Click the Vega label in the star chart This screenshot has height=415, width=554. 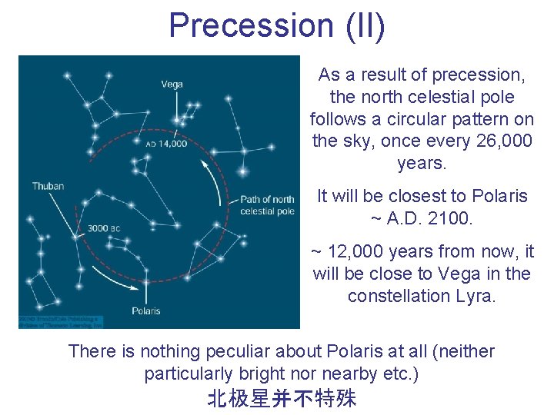point(172,84)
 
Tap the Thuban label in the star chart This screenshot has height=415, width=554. point(48,186)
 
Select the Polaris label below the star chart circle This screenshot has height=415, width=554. point(145,310)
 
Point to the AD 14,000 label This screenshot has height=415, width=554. point(166,144)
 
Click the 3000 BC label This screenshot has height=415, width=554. point(103,228)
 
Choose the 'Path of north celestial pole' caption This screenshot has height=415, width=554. point(267,205)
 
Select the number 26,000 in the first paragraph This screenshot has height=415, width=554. point(505,141)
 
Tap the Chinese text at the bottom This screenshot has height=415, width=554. point(282,398)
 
